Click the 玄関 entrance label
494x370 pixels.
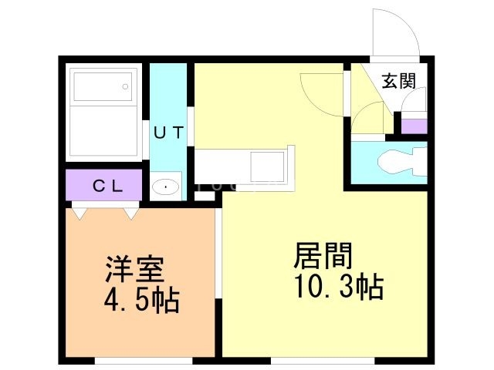399,81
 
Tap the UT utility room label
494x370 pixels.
169,132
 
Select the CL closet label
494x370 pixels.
107,186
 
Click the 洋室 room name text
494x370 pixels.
135,269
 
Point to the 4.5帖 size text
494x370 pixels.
142,301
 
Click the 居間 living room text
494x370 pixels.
323,255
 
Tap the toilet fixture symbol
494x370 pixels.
402,162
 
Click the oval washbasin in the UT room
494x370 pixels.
165,187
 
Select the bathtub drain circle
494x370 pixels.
125,86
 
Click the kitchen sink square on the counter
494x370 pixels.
267,166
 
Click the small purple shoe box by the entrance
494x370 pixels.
414,126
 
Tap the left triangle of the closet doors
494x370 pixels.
80,214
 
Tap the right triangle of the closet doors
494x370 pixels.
131,214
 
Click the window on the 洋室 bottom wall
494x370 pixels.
144,361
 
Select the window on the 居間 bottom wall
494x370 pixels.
323,361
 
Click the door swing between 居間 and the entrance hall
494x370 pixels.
322,94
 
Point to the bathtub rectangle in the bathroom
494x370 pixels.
103,87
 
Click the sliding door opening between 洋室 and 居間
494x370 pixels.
218,253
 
